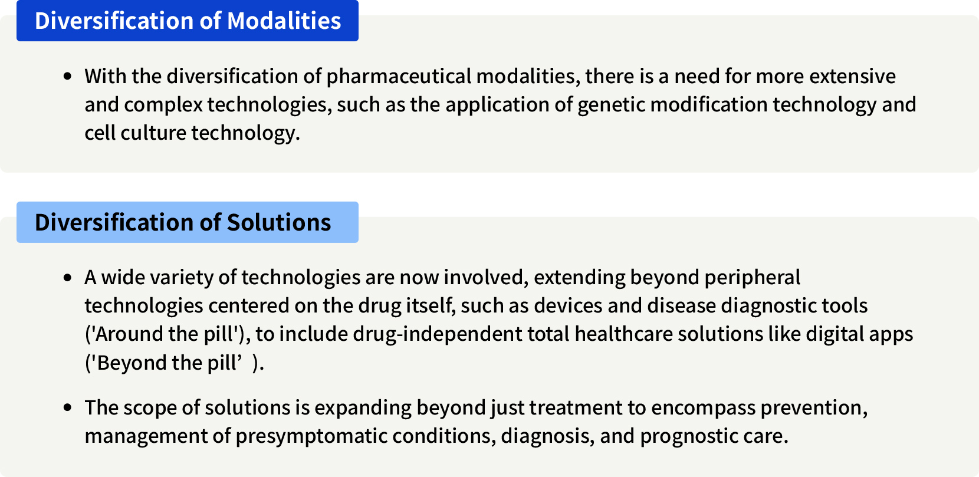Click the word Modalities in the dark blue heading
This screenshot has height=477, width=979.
(284, 21)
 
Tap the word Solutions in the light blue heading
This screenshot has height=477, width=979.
(279, 223)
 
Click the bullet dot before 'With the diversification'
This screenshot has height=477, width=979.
(68, 77)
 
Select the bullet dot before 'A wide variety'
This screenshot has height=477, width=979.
(68, 278)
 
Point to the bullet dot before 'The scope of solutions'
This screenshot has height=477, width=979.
(68, 408)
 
